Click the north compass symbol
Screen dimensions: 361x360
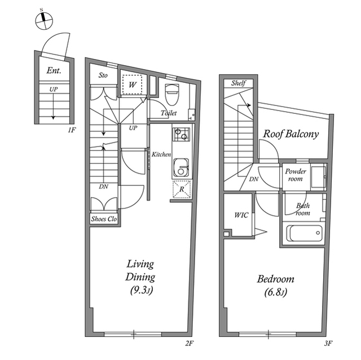point(44,21)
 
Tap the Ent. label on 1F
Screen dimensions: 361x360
point(54,70)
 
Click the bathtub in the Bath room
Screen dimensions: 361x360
point(305,233)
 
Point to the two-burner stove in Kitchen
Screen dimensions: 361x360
point(181,135)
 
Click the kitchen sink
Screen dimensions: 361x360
point(181,167)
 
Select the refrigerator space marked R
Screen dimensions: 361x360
point(182,189)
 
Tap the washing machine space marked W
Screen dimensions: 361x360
point(132,85)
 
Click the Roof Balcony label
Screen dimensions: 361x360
point(291,134)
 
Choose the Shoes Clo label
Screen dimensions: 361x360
point(104,219)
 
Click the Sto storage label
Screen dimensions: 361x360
point(103,75)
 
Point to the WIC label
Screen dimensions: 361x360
point(241,215)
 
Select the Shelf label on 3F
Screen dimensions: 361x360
point(239,83)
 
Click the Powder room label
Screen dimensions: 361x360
point(296,175)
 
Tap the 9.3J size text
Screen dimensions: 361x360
point(142,290)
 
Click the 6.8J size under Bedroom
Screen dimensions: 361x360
point(275,292)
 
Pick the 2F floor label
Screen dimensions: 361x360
point(190,344)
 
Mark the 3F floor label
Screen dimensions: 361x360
point(328,344)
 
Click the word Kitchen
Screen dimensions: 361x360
point(161,154)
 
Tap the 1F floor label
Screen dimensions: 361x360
point(72,130)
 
